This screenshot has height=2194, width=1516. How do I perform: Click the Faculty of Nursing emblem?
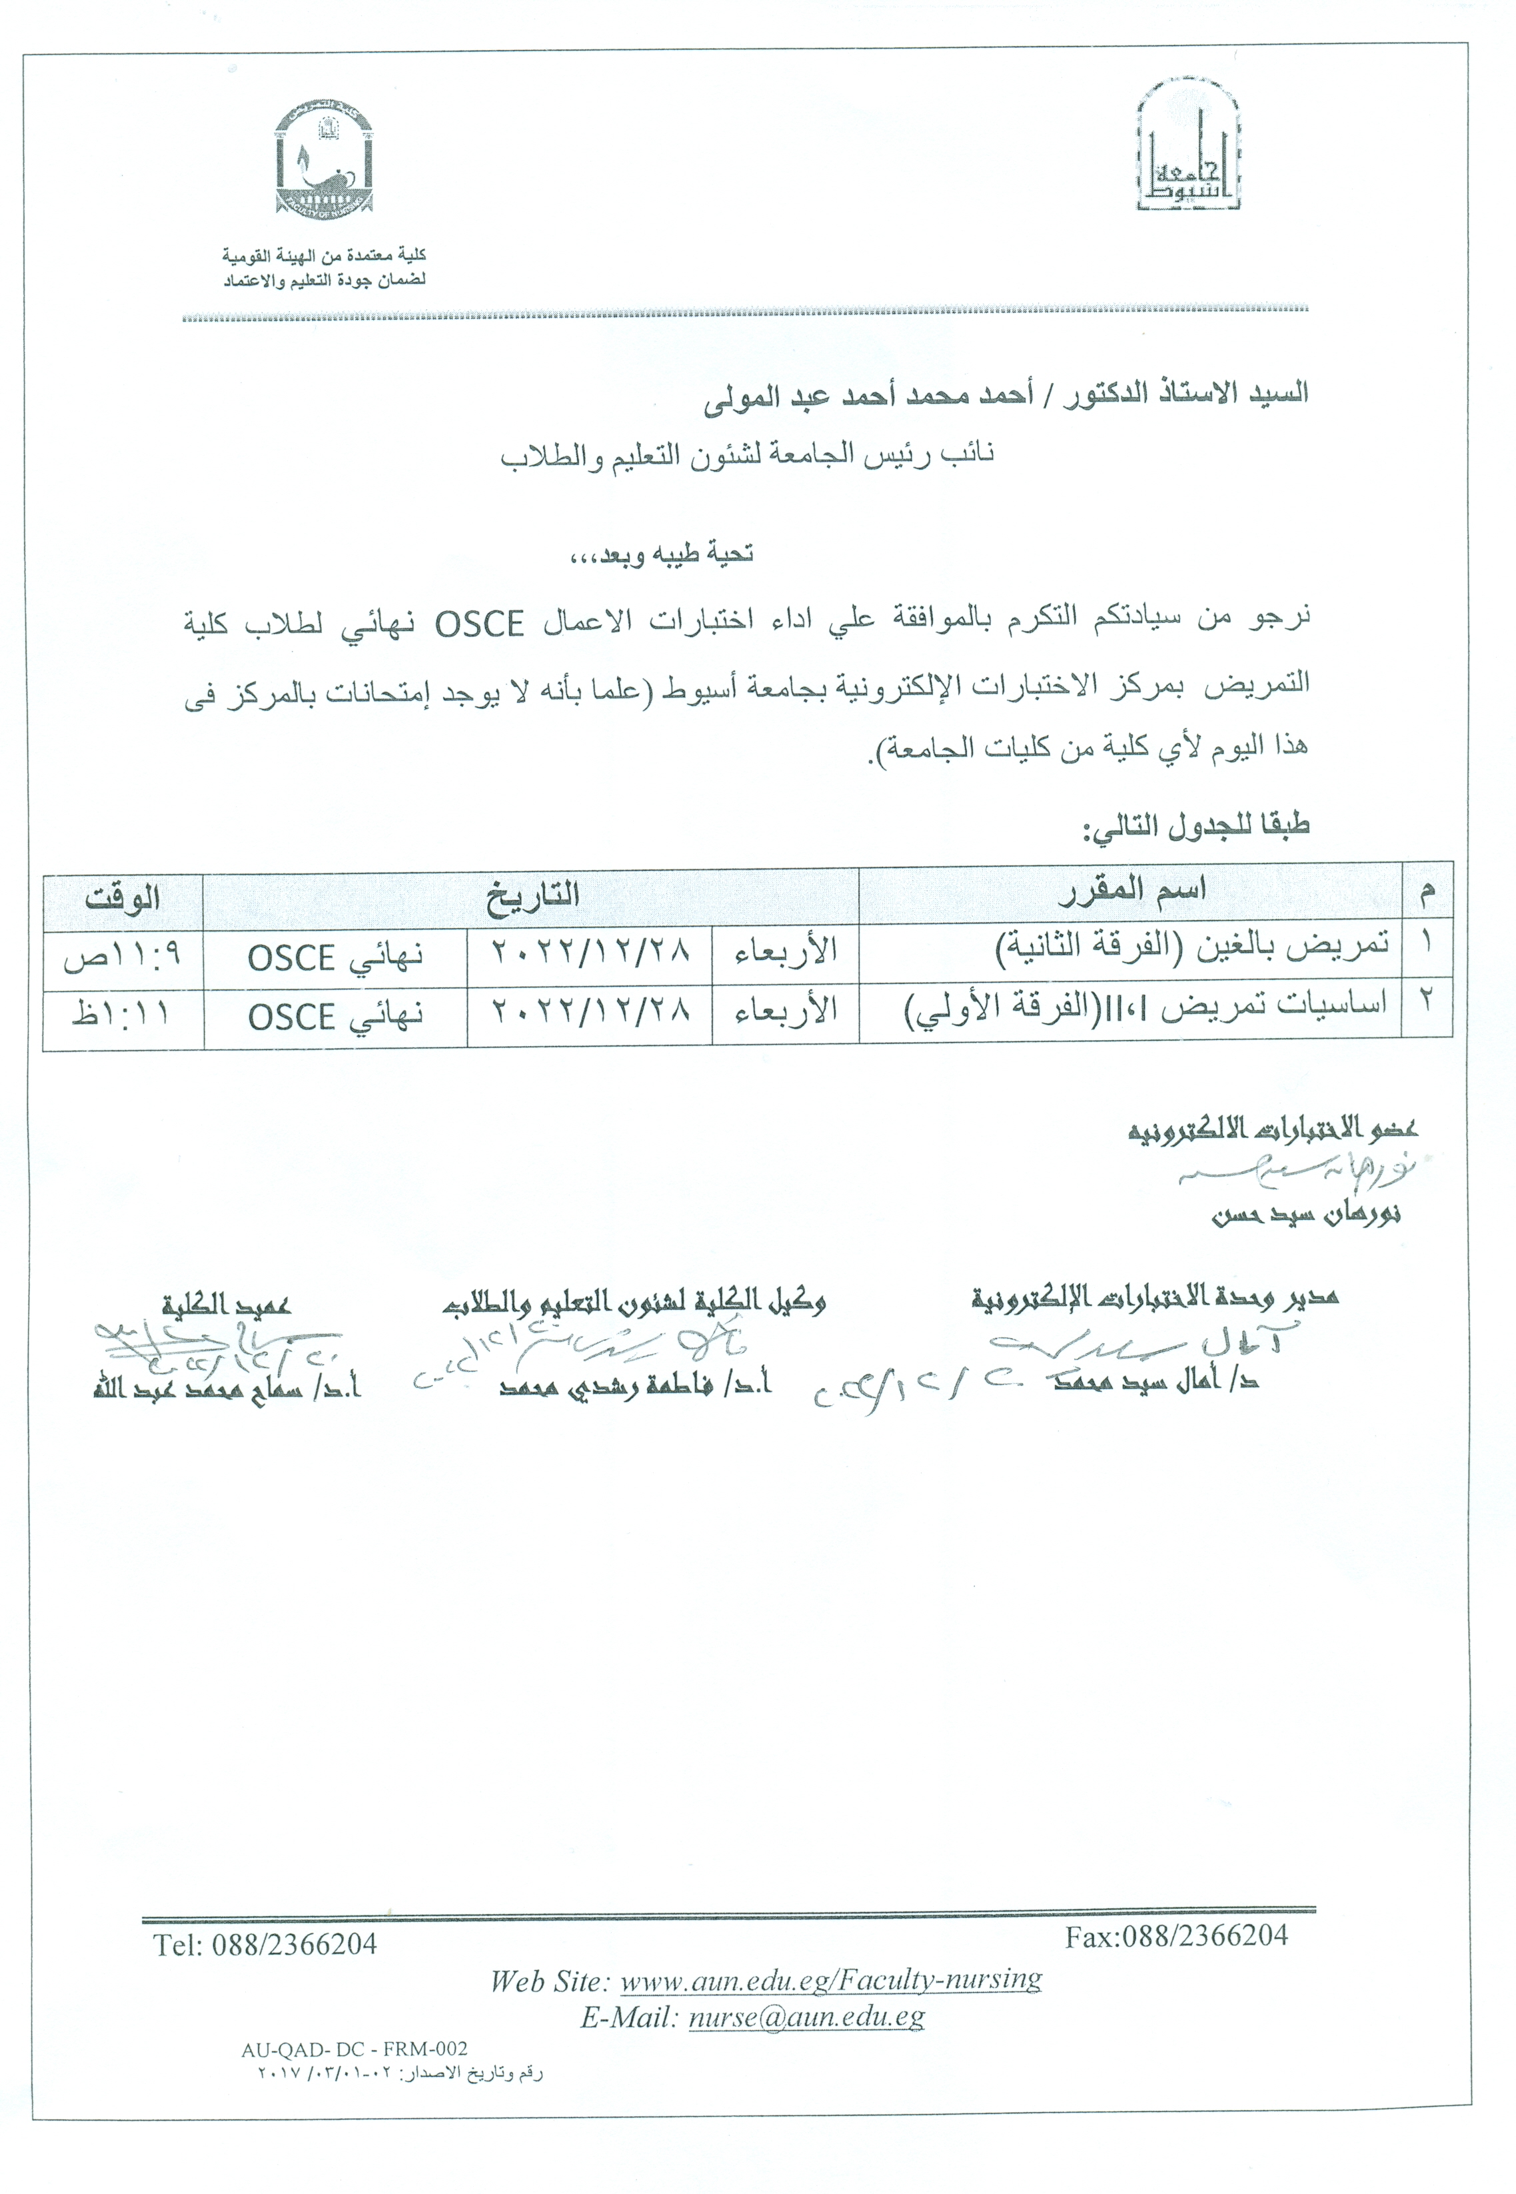(323, 159)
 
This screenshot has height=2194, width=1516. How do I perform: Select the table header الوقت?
(123, 897)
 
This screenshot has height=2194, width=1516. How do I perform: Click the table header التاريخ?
(532, 895)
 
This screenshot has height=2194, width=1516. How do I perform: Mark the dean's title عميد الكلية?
(226, 1304)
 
